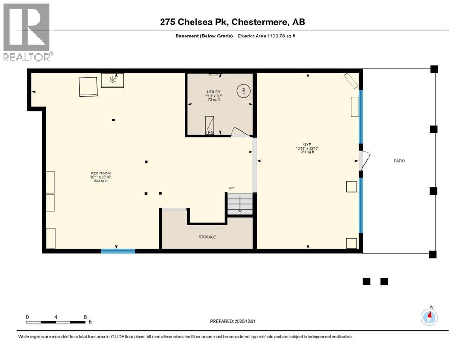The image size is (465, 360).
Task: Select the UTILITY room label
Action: (x=214, y=92)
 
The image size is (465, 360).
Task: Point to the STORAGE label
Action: (x=207, y=237)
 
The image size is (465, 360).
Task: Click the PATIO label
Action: (x=399, y=161)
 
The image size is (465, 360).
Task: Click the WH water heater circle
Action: (x=243, y=90)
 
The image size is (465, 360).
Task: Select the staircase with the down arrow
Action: (x=239, y=204)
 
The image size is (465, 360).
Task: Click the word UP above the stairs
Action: (x=231, y=188)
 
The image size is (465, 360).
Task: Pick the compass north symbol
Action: (x=429, y=317)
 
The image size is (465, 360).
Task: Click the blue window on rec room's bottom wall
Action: (x=118, y=251)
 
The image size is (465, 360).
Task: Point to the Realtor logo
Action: (x=27, y=32)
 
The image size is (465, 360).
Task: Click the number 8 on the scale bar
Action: (x=85, y=317)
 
